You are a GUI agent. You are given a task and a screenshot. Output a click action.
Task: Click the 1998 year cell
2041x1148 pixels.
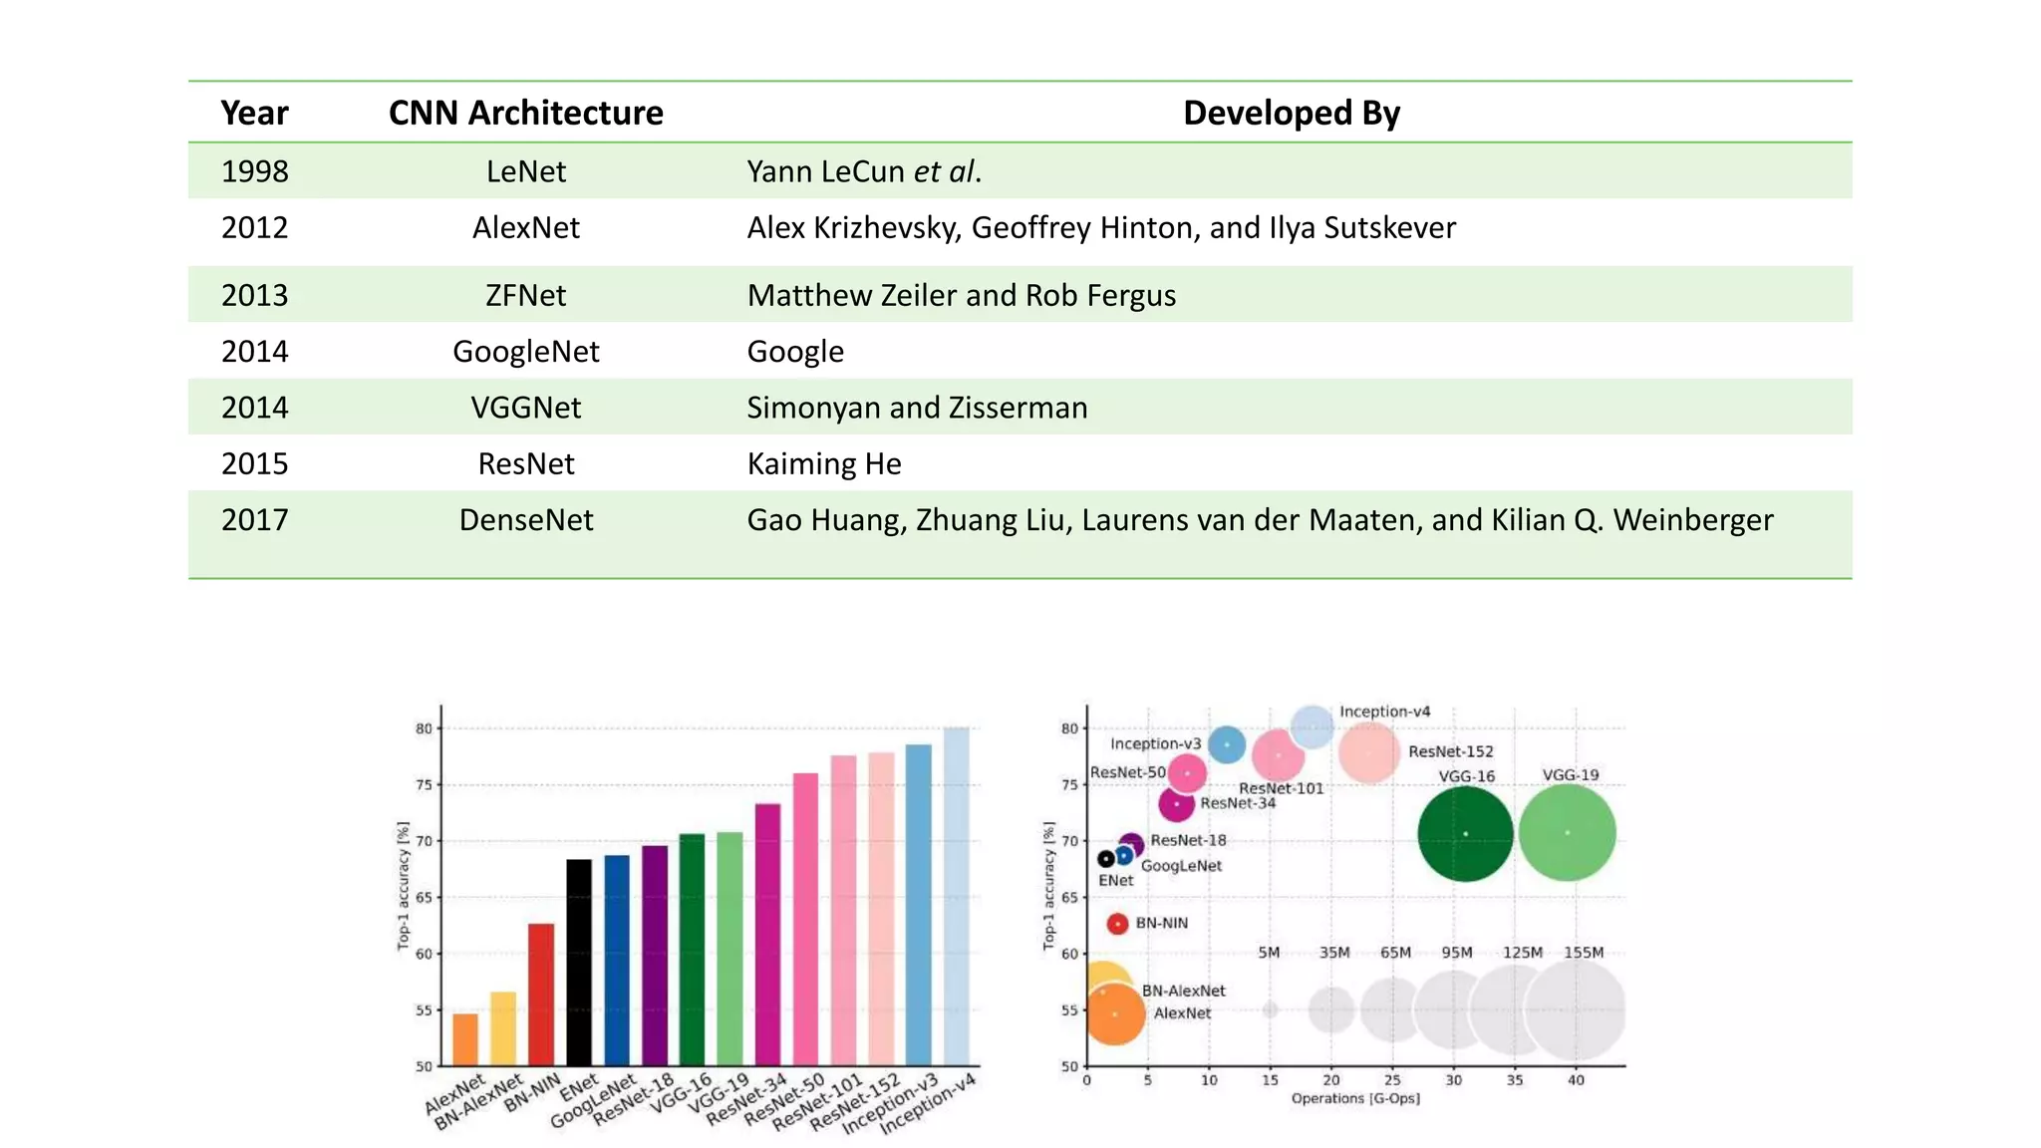pos(254,171)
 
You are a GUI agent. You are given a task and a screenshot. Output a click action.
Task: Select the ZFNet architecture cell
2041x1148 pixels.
pos(525,295)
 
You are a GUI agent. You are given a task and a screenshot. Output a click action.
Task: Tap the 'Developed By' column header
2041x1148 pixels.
pos(1291,113)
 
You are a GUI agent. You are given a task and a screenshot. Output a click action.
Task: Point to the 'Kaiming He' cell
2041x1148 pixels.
pos(823,463)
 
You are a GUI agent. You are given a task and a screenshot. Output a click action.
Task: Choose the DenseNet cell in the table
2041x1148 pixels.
pos(525,519)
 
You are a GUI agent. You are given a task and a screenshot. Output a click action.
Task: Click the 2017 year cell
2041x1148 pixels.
pos(254,519)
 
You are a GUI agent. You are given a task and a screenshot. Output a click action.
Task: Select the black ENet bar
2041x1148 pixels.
pos(578,962)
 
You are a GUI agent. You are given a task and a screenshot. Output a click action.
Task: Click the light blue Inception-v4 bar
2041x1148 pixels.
pos(956,896)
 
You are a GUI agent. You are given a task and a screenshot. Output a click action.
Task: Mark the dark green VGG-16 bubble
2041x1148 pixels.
pos(1465,833)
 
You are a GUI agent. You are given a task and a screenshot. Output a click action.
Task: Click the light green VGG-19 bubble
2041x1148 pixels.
pos(1568,832)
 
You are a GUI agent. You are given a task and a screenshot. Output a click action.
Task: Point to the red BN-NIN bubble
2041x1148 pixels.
pos(1117,924)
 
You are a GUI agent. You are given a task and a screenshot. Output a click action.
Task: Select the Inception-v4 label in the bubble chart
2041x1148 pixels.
pos(1384,712)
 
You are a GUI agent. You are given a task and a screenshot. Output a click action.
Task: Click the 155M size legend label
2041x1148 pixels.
pos(1584,953)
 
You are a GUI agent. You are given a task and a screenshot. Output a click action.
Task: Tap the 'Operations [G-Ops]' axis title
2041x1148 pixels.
pos(1355,1098)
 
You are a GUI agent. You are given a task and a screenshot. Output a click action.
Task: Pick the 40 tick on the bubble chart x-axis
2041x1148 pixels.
pos(1576,1080)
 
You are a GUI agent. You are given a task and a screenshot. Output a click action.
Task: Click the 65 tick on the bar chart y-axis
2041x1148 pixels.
pos(425,898)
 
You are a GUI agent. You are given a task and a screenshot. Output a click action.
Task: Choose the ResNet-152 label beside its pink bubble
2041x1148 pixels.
pos(1450,751)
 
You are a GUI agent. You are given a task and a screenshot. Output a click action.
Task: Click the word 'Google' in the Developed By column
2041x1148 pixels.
pos(795,352)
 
